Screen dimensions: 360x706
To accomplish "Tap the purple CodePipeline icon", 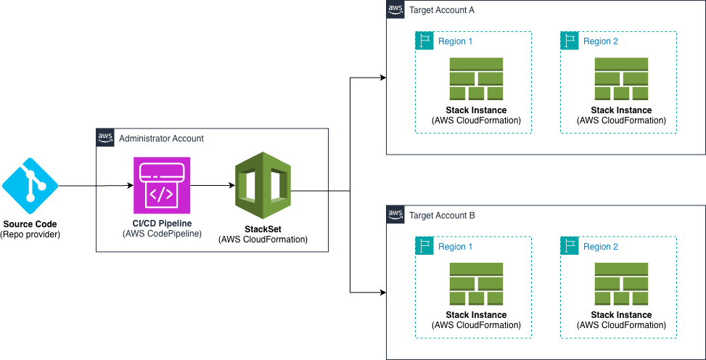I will [162, 185].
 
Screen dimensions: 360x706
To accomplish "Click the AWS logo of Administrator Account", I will [105, 137].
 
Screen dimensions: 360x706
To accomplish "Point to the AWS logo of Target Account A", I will [395, 9].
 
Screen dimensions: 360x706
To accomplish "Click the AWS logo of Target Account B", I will [395, 214].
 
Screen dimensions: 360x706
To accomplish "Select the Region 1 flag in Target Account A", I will [424, 41].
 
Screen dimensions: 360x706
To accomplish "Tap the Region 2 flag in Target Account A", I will [569, 41].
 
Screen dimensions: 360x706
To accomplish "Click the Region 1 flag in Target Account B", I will [424, 245].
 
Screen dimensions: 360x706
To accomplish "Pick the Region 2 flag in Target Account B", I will [569, 245].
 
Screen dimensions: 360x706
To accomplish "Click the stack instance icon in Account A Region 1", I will [476, 78].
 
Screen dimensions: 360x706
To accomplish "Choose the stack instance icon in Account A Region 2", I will [621, 78].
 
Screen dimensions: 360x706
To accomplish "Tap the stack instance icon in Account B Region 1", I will [476, 283].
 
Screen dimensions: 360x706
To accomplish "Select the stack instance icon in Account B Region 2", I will [621, 283].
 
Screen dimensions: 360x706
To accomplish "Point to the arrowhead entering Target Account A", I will [382, 76].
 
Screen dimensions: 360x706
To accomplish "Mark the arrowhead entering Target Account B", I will [382, 292].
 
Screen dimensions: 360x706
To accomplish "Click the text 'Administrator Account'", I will [161, 138].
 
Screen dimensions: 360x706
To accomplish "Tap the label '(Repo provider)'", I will [30, 234].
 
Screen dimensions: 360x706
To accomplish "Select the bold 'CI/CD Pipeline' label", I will [161, 223].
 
